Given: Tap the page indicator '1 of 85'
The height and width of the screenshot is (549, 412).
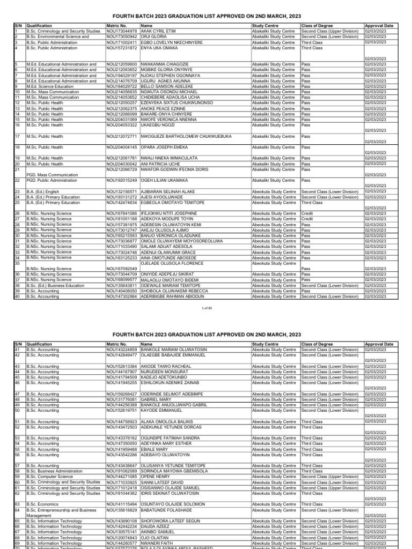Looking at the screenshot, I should [x=206, y=308].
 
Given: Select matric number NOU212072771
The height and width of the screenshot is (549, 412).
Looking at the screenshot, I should [x=123, y=136].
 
